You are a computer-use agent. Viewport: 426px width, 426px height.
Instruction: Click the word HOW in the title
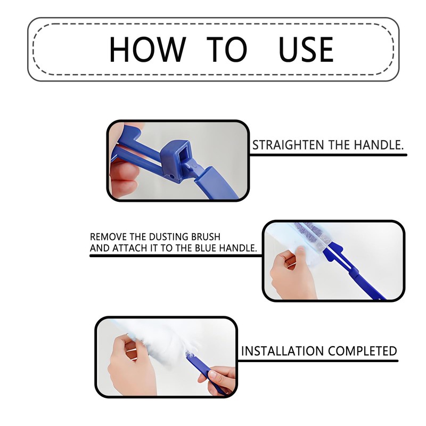click(146, 49)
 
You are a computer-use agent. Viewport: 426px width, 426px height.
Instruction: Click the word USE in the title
click(306, 49)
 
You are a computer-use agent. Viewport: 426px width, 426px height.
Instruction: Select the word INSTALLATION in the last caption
click(282, 351)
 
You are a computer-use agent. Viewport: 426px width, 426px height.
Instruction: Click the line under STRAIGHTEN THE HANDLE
click(327, 155)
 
